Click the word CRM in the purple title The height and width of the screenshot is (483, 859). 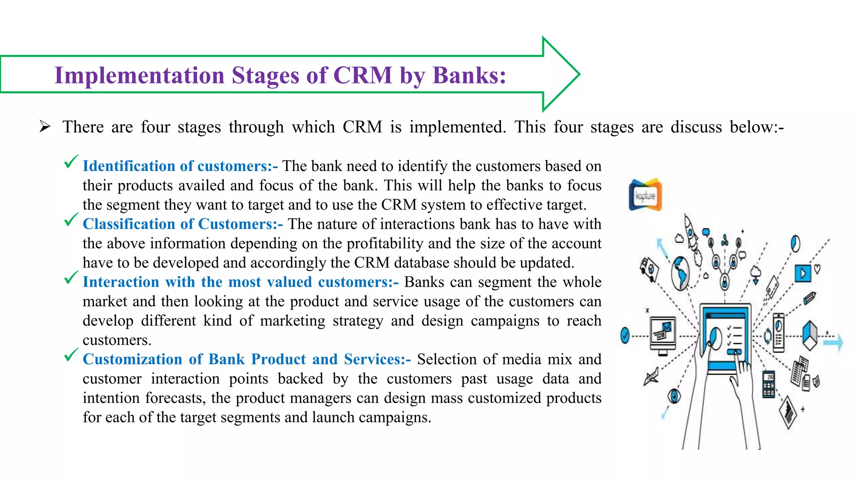point(362,75)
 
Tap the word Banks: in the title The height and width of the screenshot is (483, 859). point(469,75)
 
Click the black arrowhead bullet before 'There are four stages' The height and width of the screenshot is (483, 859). point(45,126)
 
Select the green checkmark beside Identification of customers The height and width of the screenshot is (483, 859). point(71,162)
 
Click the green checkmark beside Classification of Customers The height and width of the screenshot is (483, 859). point(71,220)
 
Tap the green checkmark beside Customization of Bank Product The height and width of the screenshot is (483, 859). point(71,355)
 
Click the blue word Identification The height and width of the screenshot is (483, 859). point(129,166)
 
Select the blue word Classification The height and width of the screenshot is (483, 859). point(129,224)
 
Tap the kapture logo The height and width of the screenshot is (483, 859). point(645,195)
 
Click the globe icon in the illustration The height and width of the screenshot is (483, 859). point(680,273)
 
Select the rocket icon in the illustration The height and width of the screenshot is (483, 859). point(691,235)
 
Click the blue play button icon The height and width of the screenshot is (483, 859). point(803,273)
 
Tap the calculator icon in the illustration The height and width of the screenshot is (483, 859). point(768,384)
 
